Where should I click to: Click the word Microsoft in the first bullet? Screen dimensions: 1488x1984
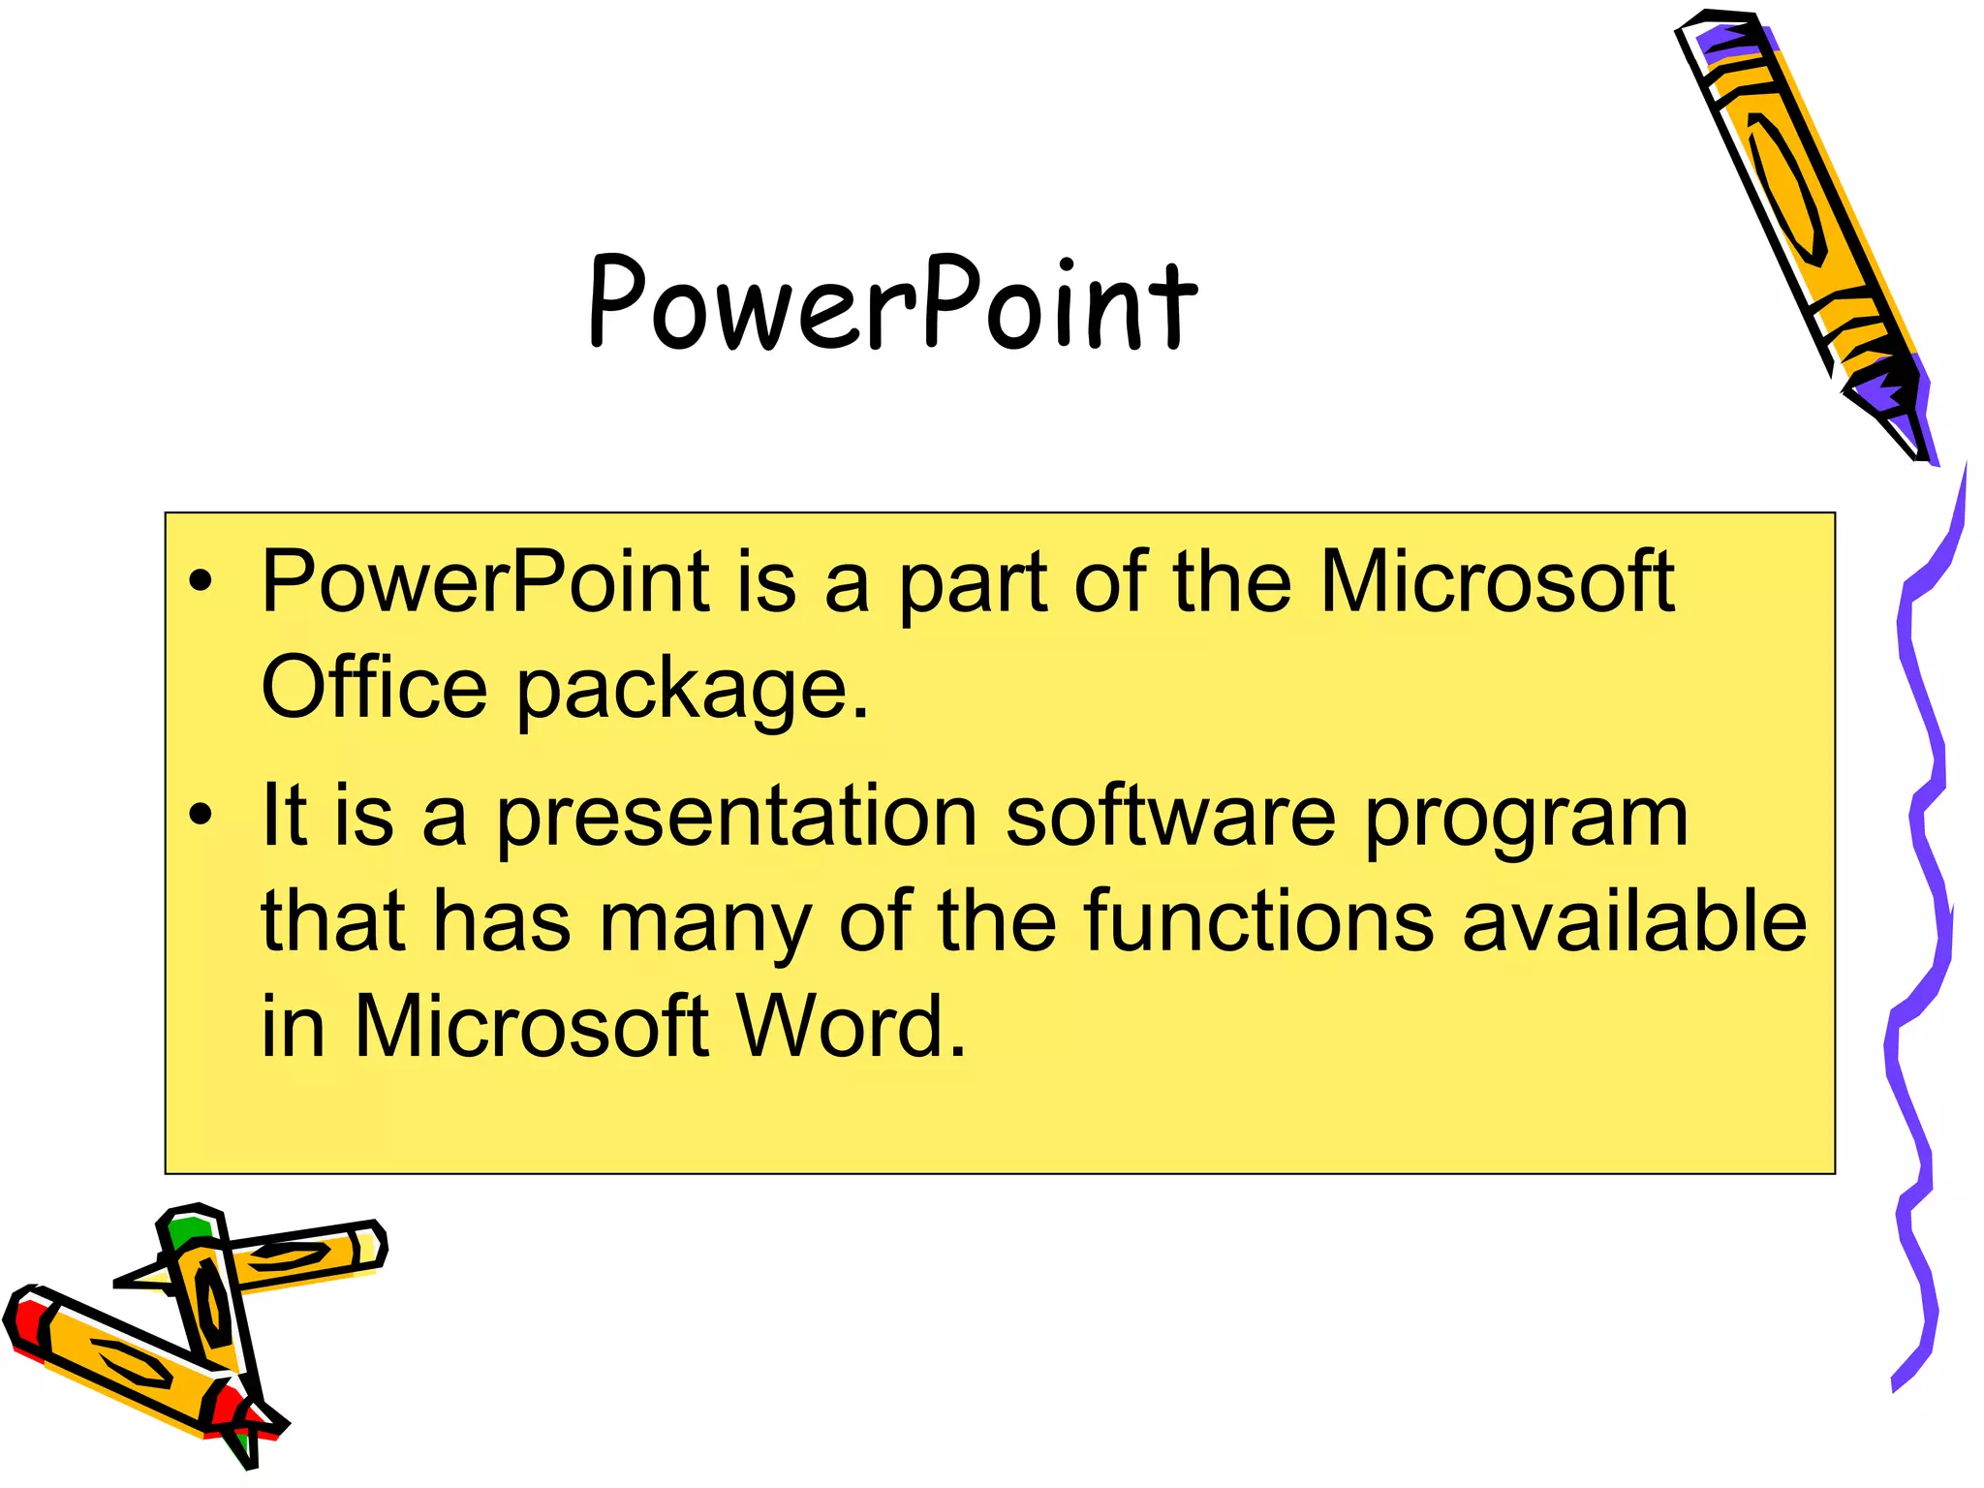(1498, 582)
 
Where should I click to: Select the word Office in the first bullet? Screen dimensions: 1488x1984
(374, 687)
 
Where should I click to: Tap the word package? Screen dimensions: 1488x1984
(693, 690)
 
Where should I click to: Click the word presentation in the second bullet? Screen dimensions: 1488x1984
(736, 817)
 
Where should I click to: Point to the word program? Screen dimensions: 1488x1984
(1527, 820)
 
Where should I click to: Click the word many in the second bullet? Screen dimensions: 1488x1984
(705, 925)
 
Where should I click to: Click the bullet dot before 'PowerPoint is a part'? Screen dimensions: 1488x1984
(201, 582)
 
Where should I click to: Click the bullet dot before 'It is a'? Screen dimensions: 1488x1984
(201, 816)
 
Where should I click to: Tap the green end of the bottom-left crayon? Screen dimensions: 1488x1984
(187, 1233)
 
